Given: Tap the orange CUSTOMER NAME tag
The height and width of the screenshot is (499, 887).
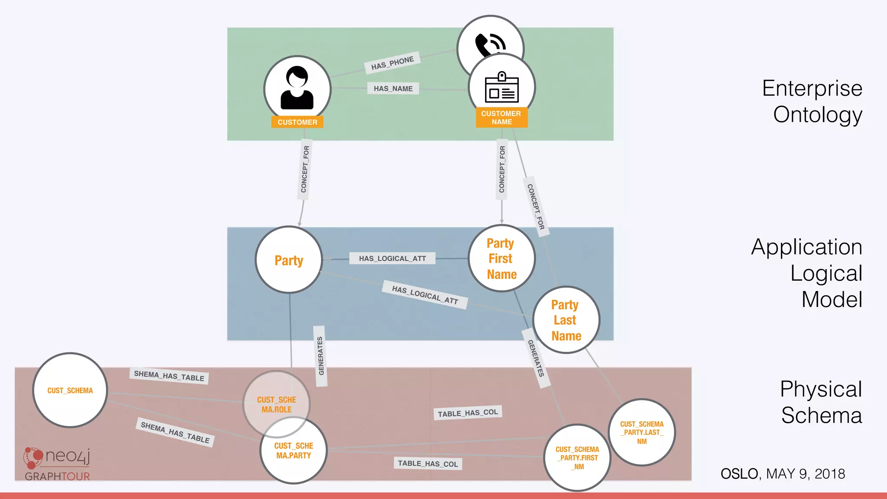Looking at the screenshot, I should tap(502, 118).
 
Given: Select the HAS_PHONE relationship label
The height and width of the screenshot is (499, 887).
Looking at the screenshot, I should tap(392, 63).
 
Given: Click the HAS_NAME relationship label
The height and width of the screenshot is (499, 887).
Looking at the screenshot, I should tap(393, 88).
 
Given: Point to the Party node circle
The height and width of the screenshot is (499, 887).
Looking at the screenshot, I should tap(289, 260).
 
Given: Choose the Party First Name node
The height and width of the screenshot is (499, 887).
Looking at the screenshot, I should tap(502, 258).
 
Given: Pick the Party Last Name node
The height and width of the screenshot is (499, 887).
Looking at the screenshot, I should tap(566, 320).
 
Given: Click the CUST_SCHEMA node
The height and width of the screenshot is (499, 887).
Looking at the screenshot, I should tap(70, 390).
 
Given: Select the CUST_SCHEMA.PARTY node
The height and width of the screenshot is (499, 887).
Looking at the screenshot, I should tap(294, 451).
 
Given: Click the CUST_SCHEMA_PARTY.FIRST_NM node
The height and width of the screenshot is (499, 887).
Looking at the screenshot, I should tap(577, 458).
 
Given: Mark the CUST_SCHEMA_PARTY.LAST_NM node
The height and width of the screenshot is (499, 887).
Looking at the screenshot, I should tap(641, 432).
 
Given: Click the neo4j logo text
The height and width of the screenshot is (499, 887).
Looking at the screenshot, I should tap(68, 456).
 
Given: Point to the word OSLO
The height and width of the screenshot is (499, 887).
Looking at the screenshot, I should tap(739, 474).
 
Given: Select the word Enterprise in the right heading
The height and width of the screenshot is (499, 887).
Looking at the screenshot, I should tap(812, 88).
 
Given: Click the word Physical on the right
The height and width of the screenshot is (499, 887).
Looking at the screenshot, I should tap(821, 389).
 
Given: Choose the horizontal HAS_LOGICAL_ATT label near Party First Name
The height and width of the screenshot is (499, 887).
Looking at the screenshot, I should tap(392, 259).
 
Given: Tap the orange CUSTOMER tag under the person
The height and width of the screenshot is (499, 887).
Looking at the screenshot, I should tap(297, 122).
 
